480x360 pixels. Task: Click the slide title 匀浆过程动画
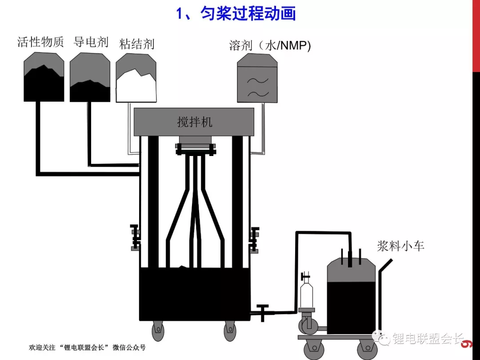tap(248, 13)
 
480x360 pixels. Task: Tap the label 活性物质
tap(40, 42)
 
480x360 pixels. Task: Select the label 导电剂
tap(91, 42)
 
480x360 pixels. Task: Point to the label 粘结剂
tap(136, 44)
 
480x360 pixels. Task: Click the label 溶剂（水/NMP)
tap(270, 45)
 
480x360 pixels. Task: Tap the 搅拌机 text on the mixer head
tap(195, 122)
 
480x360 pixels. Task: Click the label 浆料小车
tap(400, 246)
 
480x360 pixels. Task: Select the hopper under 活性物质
tap(44, 76)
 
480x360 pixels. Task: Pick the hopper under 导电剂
tap(90, 77)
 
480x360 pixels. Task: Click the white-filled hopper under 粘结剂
tap(136, 78)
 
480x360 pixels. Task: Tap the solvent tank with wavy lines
tap(257, 78)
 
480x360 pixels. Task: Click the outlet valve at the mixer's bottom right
tap(262, 312)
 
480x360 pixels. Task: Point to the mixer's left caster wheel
tap(158, 331)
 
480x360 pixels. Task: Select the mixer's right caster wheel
tap(230, 331)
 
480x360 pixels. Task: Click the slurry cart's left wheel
tap(314, 349)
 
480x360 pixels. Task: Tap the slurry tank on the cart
tap(351, 296)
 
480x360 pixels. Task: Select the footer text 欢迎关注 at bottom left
tap(42, 348)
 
